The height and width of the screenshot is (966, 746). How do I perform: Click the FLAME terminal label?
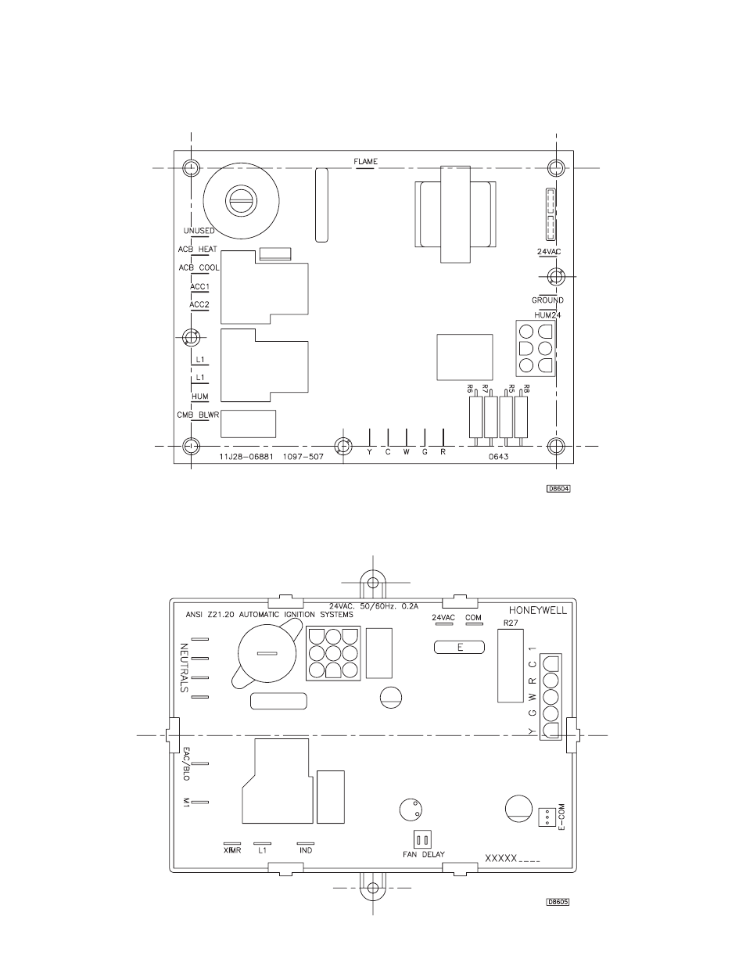[x=365, y=161]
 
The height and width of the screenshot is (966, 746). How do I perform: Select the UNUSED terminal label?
[x=199, y=231]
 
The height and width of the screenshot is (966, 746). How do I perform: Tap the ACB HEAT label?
[x=197, y=250]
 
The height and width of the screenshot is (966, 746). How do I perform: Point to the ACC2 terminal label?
[x=199, y=304]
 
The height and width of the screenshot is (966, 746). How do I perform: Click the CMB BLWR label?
[x=198, y=415]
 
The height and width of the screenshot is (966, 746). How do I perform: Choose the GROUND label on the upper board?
[x=547, y=300]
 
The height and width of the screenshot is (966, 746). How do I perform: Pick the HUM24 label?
[x=547, y=315]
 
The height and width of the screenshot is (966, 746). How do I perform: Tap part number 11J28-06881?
[x=246, y=457]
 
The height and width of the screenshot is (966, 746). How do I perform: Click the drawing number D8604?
[x=558, y=489]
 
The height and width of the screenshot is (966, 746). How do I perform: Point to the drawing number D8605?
[x=558, y=902]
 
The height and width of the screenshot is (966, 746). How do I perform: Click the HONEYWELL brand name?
[x=538, y=611]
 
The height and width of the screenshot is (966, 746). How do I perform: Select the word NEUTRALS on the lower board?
[x=185, y=668]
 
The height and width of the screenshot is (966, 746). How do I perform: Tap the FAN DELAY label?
[x=423, y=854]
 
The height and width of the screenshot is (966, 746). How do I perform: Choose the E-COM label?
[x=561, y=817]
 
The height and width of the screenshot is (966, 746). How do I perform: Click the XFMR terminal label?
[x=232, y=850]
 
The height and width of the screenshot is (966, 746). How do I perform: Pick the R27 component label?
[x=511, y=623]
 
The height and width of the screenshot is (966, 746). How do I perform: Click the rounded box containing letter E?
[x=459, y=648]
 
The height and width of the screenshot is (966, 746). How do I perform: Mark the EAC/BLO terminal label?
[x=186, y=763]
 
